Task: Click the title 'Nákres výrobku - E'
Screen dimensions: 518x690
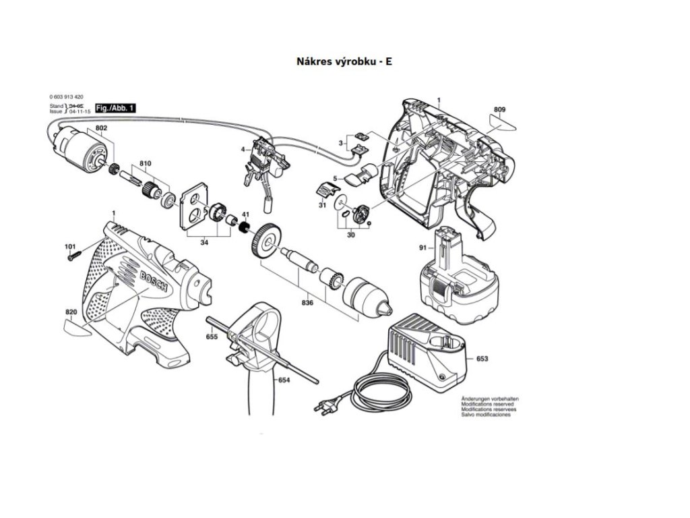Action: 344,61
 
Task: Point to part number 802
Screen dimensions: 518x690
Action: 101,128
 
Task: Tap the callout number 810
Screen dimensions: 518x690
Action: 146,164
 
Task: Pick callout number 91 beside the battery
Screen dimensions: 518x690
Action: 423,248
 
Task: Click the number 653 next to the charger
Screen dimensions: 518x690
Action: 482,359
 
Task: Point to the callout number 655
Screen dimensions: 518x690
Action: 211,336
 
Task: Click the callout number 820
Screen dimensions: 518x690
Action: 71,312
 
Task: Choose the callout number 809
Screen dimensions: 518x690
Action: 499,109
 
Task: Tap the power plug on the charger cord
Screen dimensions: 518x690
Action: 325,407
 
